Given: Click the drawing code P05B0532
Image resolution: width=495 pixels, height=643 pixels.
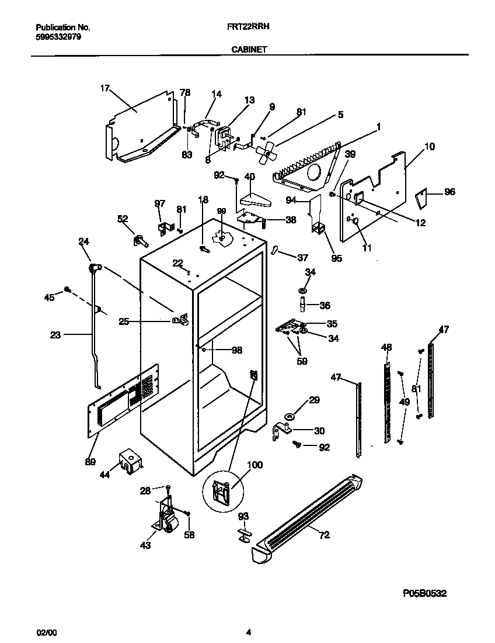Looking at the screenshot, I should pos(424,593).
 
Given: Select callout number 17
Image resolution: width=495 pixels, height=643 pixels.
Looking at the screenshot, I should pos(104,88).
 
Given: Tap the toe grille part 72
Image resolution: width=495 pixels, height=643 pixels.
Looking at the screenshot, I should pos(309,514).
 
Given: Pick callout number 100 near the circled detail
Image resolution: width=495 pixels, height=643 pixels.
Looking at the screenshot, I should pos(255,465).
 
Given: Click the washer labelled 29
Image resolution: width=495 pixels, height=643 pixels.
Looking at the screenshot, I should pos(290,416).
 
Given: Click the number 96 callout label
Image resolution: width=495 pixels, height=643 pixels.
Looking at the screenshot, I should pos(449,192).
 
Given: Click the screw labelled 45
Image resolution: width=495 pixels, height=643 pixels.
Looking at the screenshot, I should pos(68,289).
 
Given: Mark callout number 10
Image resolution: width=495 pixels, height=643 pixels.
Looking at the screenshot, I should pos(429,147).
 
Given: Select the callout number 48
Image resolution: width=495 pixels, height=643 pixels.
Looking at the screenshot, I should pos(386,347).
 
